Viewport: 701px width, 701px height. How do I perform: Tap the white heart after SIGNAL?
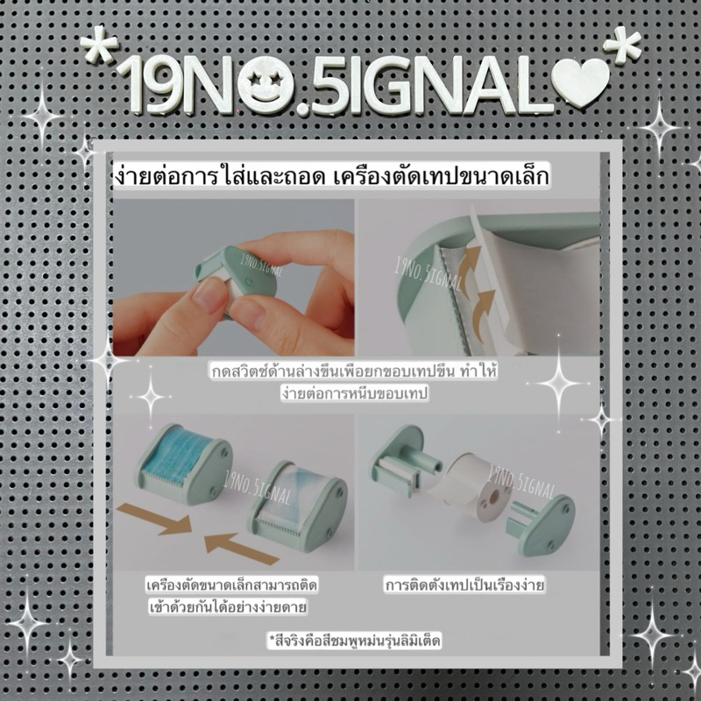tap(581, 81)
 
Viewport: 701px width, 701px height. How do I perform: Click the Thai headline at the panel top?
tap(331, 176)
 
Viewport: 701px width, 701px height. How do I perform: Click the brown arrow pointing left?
tap(242, 549)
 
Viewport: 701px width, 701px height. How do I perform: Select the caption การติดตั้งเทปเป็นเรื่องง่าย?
tap(464, 584)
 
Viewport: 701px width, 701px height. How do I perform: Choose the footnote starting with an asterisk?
tap(354, 641)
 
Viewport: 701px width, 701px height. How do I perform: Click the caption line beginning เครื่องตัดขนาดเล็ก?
tap(231, 584)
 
